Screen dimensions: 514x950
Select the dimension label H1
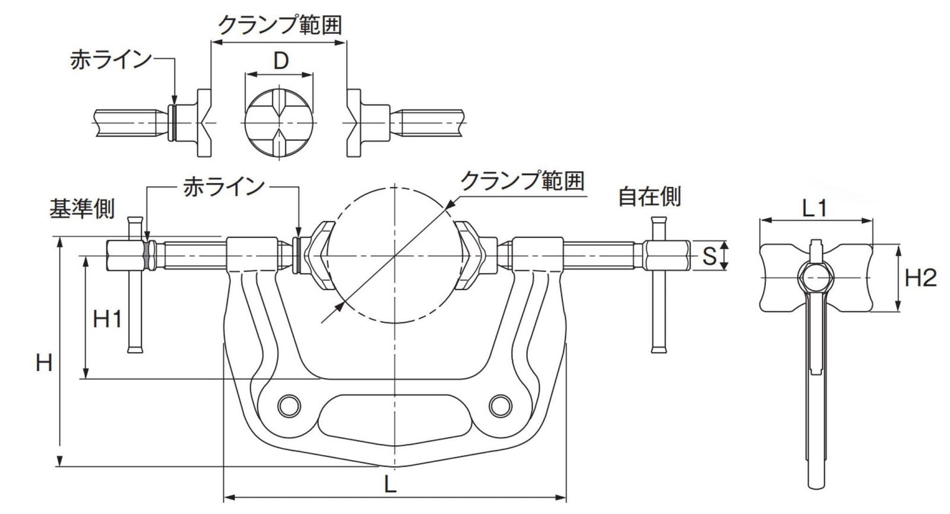(107, 319)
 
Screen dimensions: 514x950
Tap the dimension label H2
(920, 278)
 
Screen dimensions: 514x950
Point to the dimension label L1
(815, 208)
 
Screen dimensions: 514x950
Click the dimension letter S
(710, 256)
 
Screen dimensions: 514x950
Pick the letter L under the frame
(389, 485)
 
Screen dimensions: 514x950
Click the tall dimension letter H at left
(44, 362)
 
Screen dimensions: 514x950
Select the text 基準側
(81, 208)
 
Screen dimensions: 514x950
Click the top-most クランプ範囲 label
(280, 26)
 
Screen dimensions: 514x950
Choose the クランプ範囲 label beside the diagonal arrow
(522, 180)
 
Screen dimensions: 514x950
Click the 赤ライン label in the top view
(111, 61)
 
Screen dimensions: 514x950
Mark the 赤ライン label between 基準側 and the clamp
(223, 187)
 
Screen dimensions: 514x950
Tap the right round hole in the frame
(501, 405)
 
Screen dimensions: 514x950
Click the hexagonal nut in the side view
(816, 276)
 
